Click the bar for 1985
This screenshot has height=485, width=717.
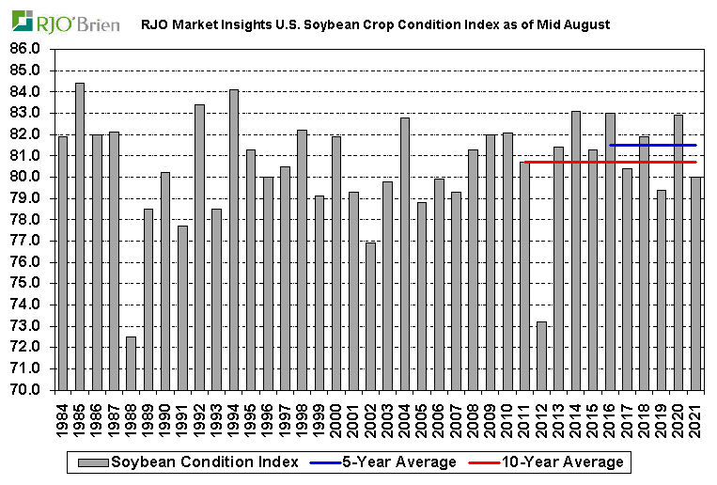coord(80,236)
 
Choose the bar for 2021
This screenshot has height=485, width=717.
coord(695,283)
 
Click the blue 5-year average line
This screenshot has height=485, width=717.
coord(652,145)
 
